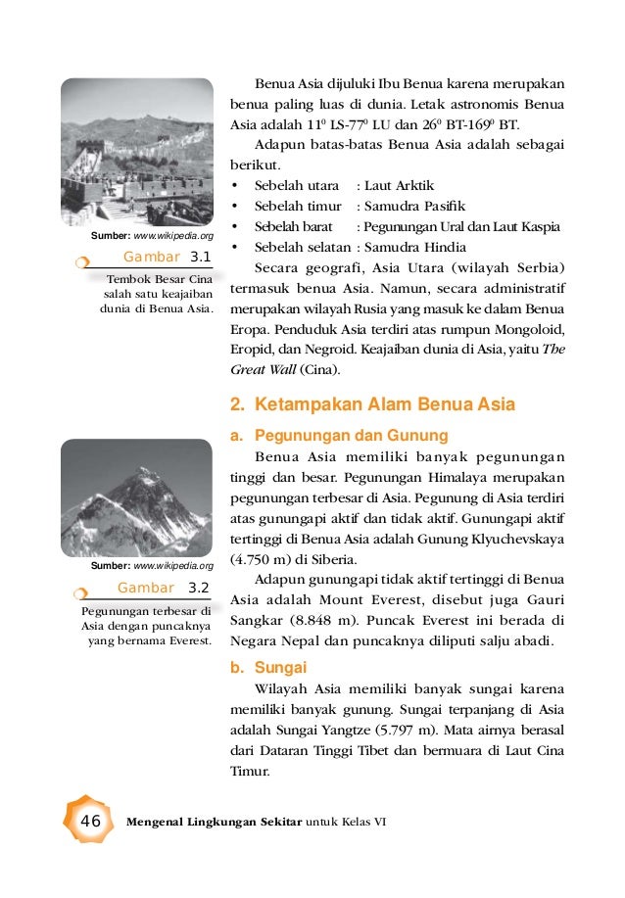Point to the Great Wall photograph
(x=136, y=151)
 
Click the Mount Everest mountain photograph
(x=136, y=498)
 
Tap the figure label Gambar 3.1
(x=167, y=258)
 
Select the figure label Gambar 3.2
(x=163, y=588)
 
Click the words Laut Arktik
(x=399, y=185)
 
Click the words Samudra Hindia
(x=415, y=247)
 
